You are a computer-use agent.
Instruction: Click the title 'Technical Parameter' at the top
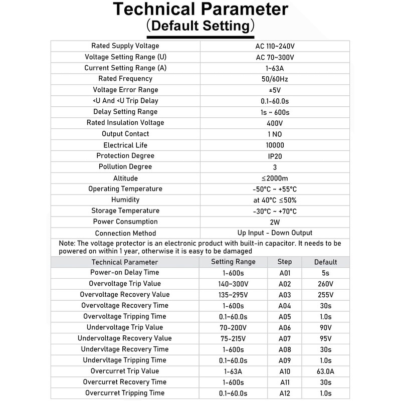coord(200,10)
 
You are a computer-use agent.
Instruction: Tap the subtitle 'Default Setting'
coord(200,26)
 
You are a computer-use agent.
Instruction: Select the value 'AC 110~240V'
coord(275,46)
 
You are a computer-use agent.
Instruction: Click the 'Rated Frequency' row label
coord(125,79)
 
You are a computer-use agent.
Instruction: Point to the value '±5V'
coord(275,90)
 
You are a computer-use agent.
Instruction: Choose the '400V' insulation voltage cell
coord(275,123)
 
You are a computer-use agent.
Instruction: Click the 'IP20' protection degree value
coord(275,156)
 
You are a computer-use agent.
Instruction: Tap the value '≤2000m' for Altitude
coord(275,178)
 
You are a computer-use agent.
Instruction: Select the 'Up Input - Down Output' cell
coord(275,233)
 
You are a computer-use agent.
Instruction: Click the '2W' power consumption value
coord(275,222)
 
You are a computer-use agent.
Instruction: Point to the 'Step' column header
coord(285,262)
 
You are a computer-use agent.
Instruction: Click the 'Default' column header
coord(325,262)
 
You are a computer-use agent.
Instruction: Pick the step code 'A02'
coord(285,284)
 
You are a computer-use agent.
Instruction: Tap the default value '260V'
coord(325,284)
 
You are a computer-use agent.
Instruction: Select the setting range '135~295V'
coord(233,295)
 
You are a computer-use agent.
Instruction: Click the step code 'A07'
coord(285,338)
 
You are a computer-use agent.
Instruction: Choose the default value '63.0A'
coord(325,371)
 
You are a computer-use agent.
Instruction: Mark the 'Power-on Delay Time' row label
coord(125,273)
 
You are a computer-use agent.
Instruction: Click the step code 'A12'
coord(285,393)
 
